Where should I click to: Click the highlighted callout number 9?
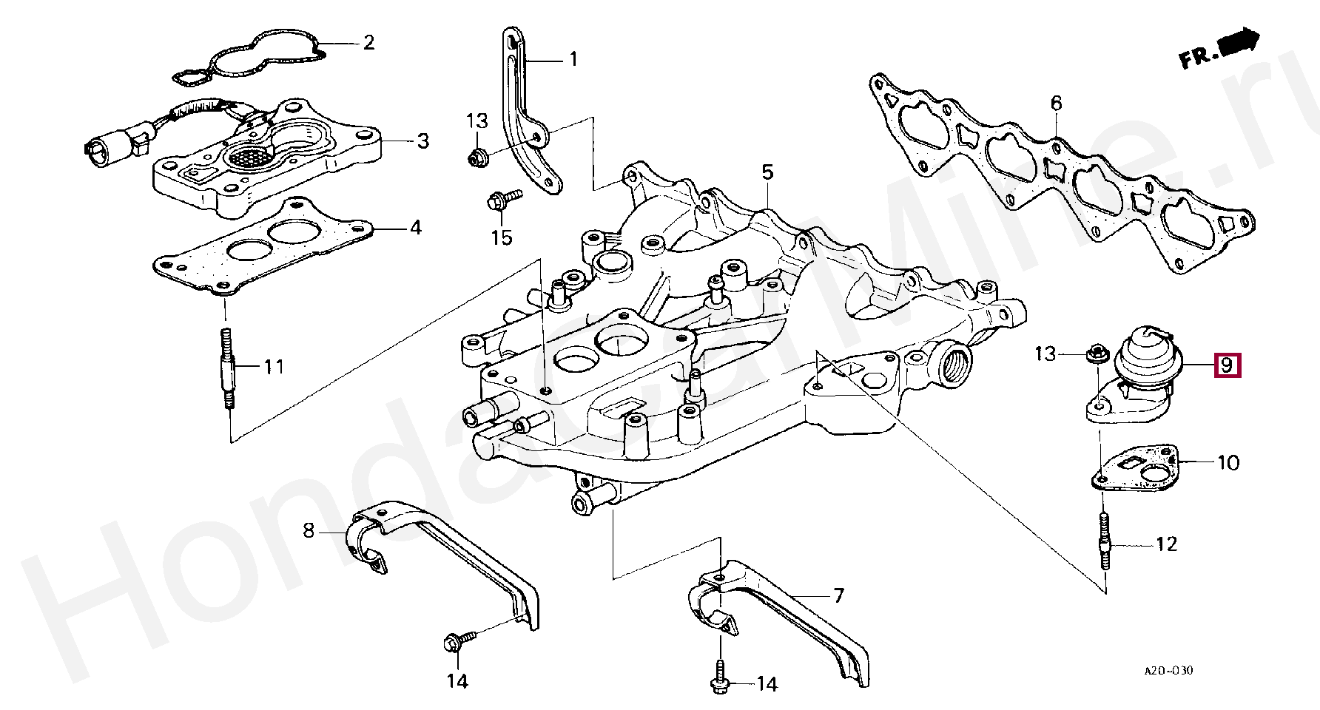point(1226,365)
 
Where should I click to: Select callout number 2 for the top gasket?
point(368,42)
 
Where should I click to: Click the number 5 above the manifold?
point(767,172)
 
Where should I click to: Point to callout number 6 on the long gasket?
point(1056,103)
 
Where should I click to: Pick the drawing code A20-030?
point(1168,671)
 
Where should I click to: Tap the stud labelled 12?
point(1104,544)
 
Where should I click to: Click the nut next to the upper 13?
point(476,156)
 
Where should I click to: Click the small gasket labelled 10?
point(1136,467)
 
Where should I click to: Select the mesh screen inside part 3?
point(249,156)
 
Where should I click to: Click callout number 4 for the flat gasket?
point(415,227)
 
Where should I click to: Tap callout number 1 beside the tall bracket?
point(573,58)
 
